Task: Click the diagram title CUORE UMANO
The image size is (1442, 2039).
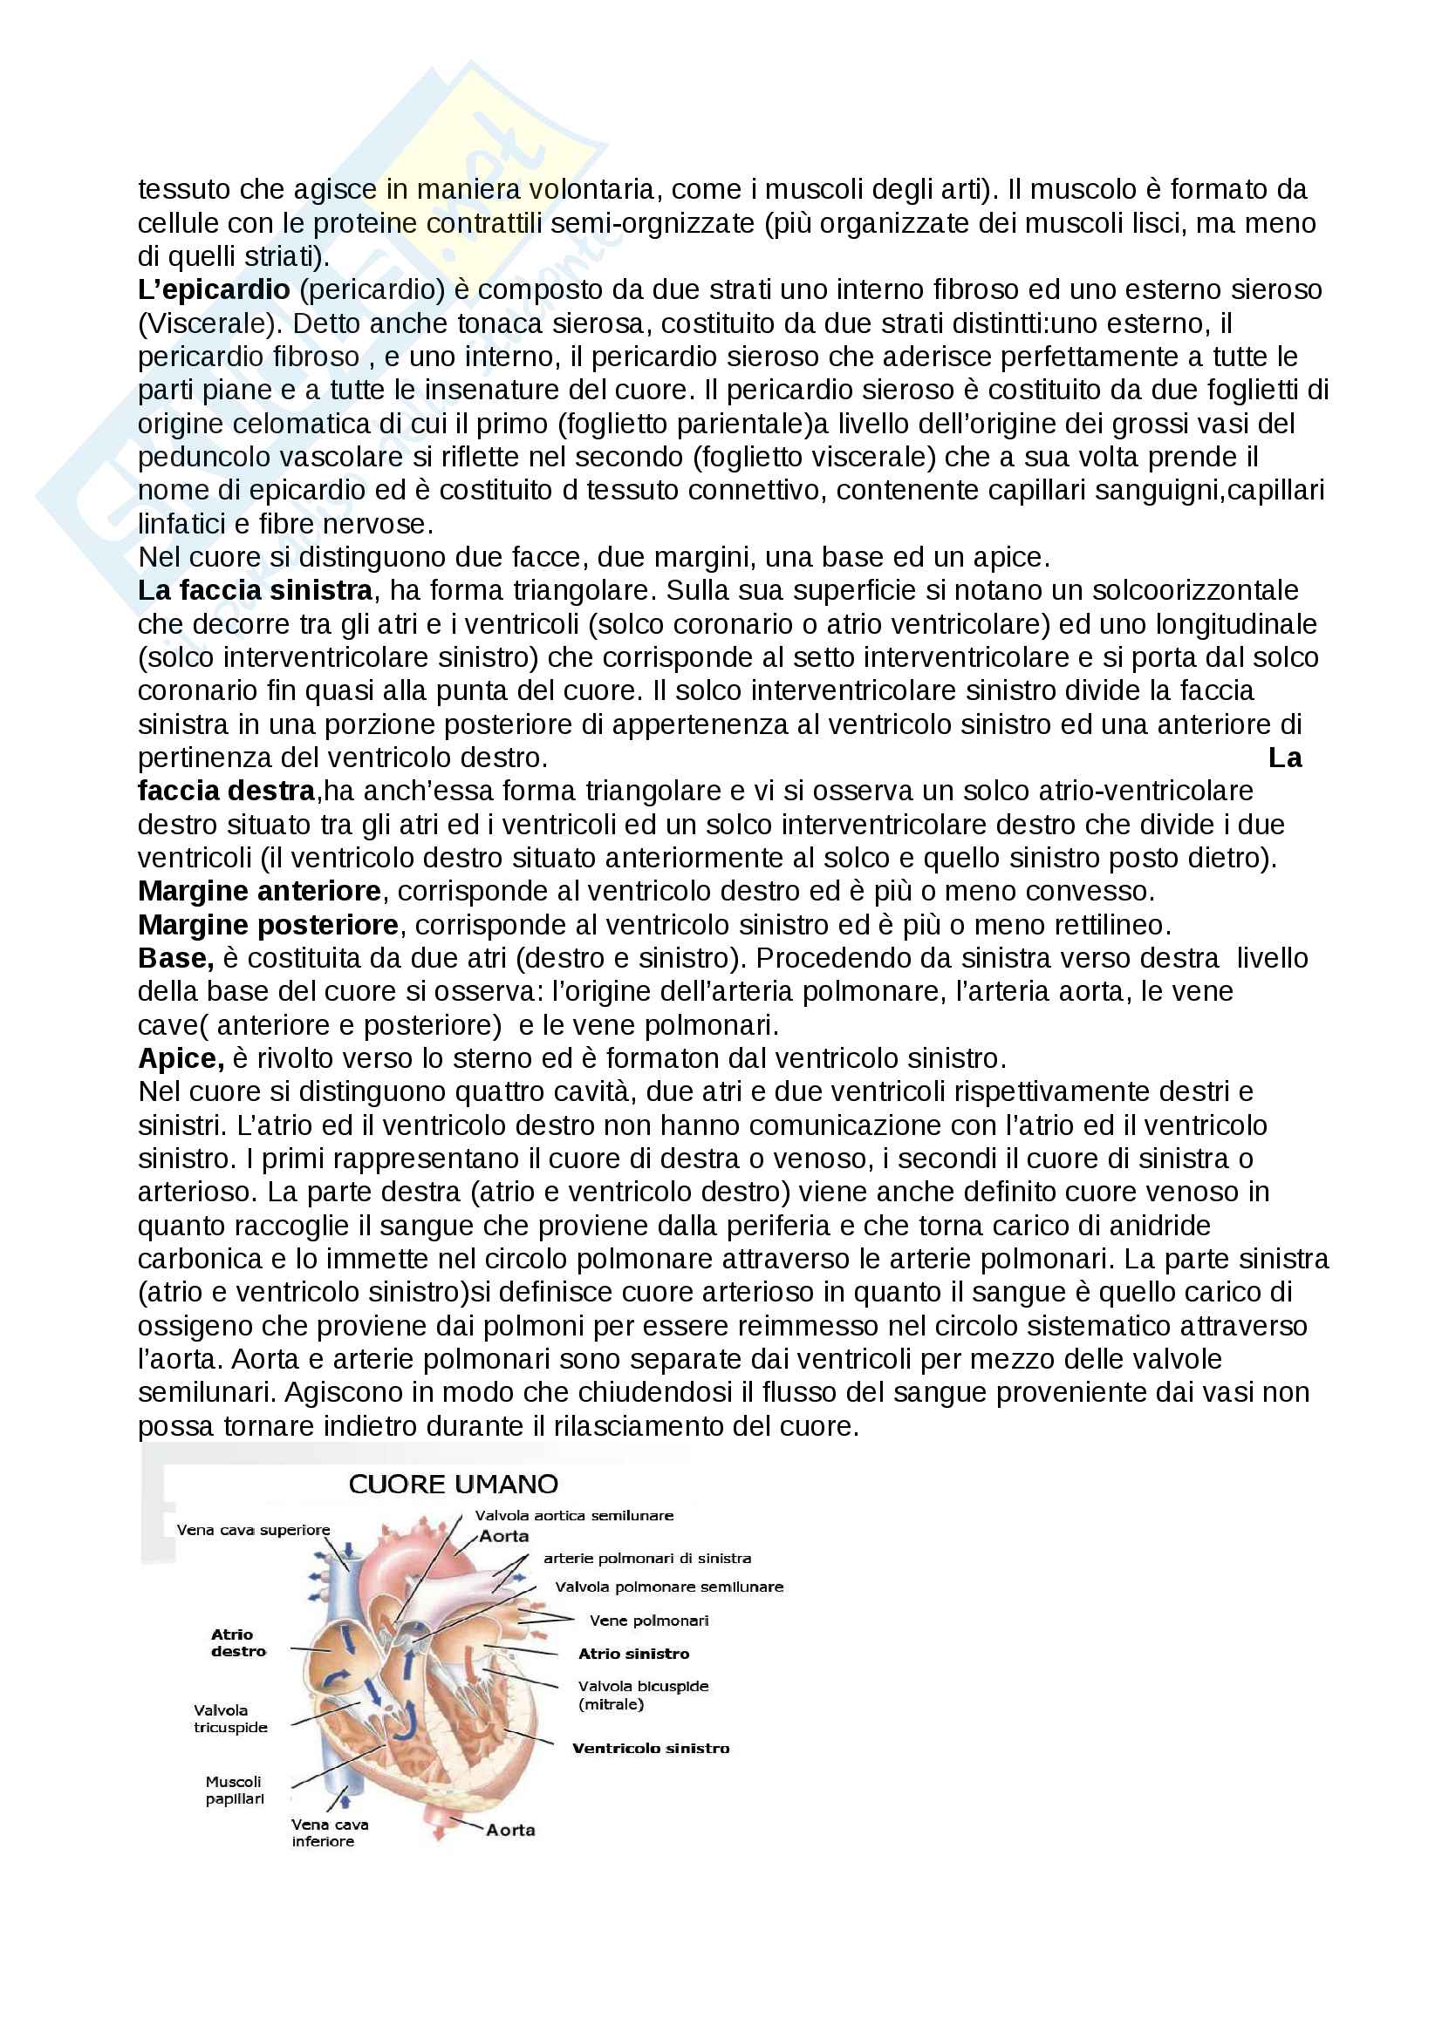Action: click(453, 1484)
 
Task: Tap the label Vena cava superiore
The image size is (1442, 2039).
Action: click(253, 1530)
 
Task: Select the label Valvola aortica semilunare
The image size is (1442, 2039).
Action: click(574, 1516)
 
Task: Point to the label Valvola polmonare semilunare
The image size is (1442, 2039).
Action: click(669, 1587)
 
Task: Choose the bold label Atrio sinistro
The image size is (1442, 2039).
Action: click(633, 1654)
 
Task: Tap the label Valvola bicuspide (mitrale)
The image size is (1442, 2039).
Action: click(642, 1695)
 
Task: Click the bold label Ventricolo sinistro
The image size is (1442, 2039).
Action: click(651, 1749)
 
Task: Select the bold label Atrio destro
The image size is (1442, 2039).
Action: click(238, 1643)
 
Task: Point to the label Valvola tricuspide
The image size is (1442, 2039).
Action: click(230, 1718)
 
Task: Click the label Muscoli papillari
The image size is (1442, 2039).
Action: click(234, 1791)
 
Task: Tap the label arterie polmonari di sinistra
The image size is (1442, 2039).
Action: click(646, 1559)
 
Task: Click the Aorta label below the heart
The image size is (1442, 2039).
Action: click(510, 1831)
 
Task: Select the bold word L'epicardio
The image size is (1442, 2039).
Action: click(213, 289)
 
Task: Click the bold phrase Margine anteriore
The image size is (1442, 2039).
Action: click(259, 891)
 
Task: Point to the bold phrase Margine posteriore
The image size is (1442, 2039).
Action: click(268, 924)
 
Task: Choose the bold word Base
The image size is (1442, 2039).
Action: click(175, 958)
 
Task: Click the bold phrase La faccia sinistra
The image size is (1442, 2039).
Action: click(255, 590)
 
